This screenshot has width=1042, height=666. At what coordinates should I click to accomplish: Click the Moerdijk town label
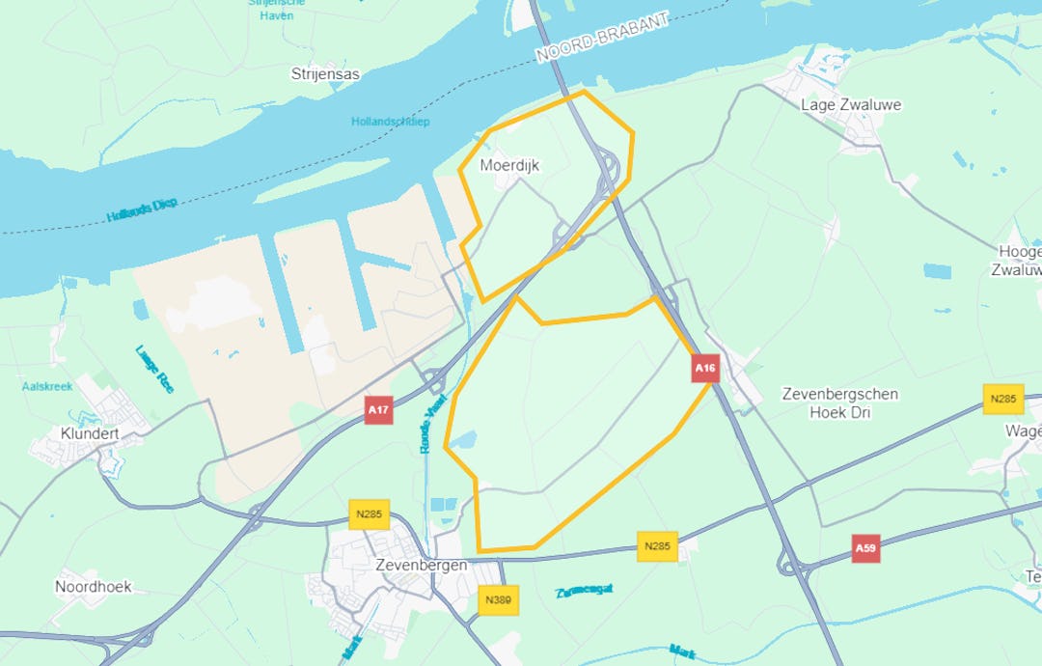coord(509,166)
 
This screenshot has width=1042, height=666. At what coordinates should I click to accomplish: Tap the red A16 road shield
coord(705,368)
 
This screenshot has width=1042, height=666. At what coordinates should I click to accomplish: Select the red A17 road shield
coord(378,410)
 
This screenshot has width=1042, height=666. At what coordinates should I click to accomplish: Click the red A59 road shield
coord(865,549)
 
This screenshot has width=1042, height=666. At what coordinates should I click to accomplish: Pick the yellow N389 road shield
coord(498,599)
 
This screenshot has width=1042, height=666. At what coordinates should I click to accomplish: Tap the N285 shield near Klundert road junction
coord(369,513)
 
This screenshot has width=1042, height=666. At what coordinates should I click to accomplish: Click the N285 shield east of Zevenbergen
coord(656,545)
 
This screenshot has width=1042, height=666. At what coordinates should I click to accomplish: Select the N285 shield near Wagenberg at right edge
coord(1003,399)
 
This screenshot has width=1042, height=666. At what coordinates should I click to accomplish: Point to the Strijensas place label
coord(324,73)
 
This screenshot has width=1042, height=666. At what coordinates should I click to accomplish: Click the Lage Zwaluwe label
coord(851,104)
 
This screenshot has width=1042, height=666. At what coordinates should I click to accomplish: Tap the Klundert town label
coord(89,433)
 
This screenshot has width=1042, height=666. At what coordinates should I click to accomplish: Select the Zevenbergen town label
coord(423,565)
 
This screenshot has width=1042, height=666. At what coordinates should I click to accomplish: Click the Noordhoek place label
coord(93,586)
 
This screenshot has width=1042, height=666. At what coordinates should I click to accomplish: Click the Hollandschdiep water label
coord(390,122)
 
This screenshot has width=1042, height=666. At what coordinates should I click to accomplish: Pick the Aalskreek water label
coord(47,386)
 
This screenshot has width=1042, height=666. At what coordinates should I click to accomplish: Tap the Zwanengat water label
coord(584,590)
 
